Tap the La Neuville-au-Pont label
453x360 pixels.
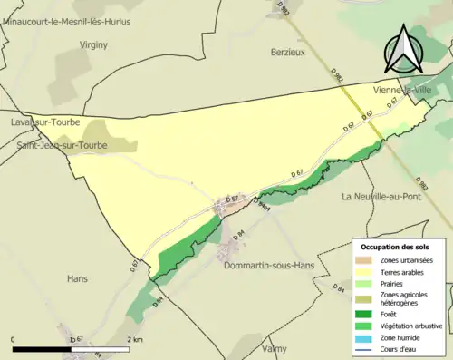pos(384,197)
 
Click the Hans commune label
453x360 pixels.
pos(77,279)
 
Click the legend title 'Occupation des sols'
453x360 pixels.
pos(396,247)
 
